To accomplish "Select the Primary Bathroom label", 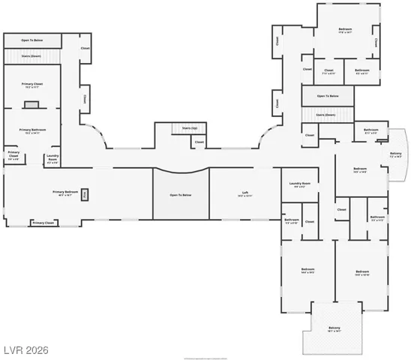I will pyautogui.click(x=33, y=130).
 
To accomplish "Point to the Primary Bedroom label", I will pyautogui.click(x=66, y=193).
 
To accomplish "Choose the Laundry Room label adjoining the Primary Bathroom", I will pyautogui.click(x=52, y=158).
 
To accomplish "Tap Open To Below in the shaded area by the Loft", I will pyautogui.click(x=180, y=195).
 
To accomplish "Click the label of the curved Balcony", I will pyautogui.click(x=395, y=155).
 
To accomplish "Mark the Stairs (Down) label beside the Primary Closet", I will pyautogui.click(x=31, y=55).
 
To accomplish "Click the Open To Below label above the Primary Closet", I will pyautogui.click(x=31, y=40).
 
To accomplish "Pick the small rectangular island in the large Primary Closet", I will pyautogui.click(x=31, y=105).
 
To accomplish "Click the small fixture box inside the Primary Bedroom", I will pyautogui.click(x=85, y=194).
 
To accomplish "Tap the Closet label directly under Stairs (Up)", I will pyautogui.click(x=199, y=141).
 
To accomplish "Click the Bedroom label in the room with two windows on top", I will pyautogui.click(x=345, y=31).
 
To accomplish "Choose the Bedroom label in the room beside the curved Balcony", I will pyautogui.click(x=359, y=170).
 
